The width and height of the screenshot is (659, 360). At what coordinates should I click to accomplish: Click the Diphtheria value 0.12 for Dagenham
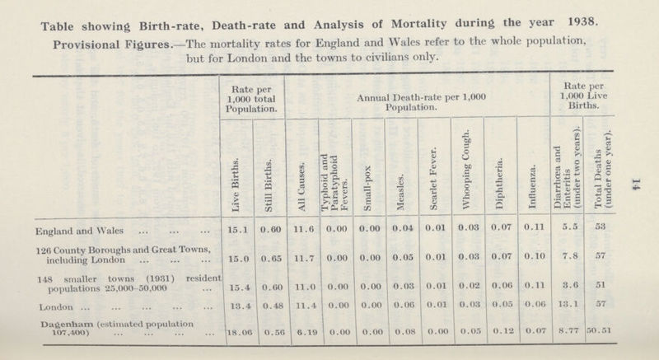[x=500, y=334]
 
